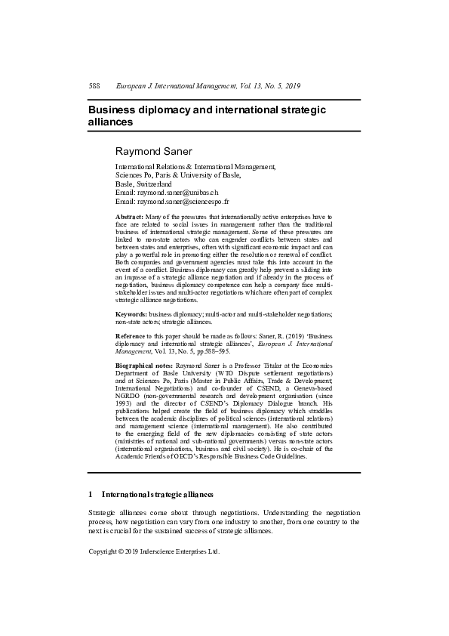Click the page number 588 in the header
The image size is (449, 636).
tap(94, 86)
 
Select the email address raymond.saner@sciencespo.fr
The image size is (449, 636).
tap(183, 202)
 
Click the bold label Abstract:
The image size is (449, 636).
tap(129, 217)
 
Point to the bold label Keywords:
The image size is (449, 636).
tap(131, 313)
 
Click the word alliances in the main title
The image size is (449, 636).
tap(110, 122)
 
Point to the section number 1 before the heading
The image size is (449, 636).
tap(91, 495)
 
